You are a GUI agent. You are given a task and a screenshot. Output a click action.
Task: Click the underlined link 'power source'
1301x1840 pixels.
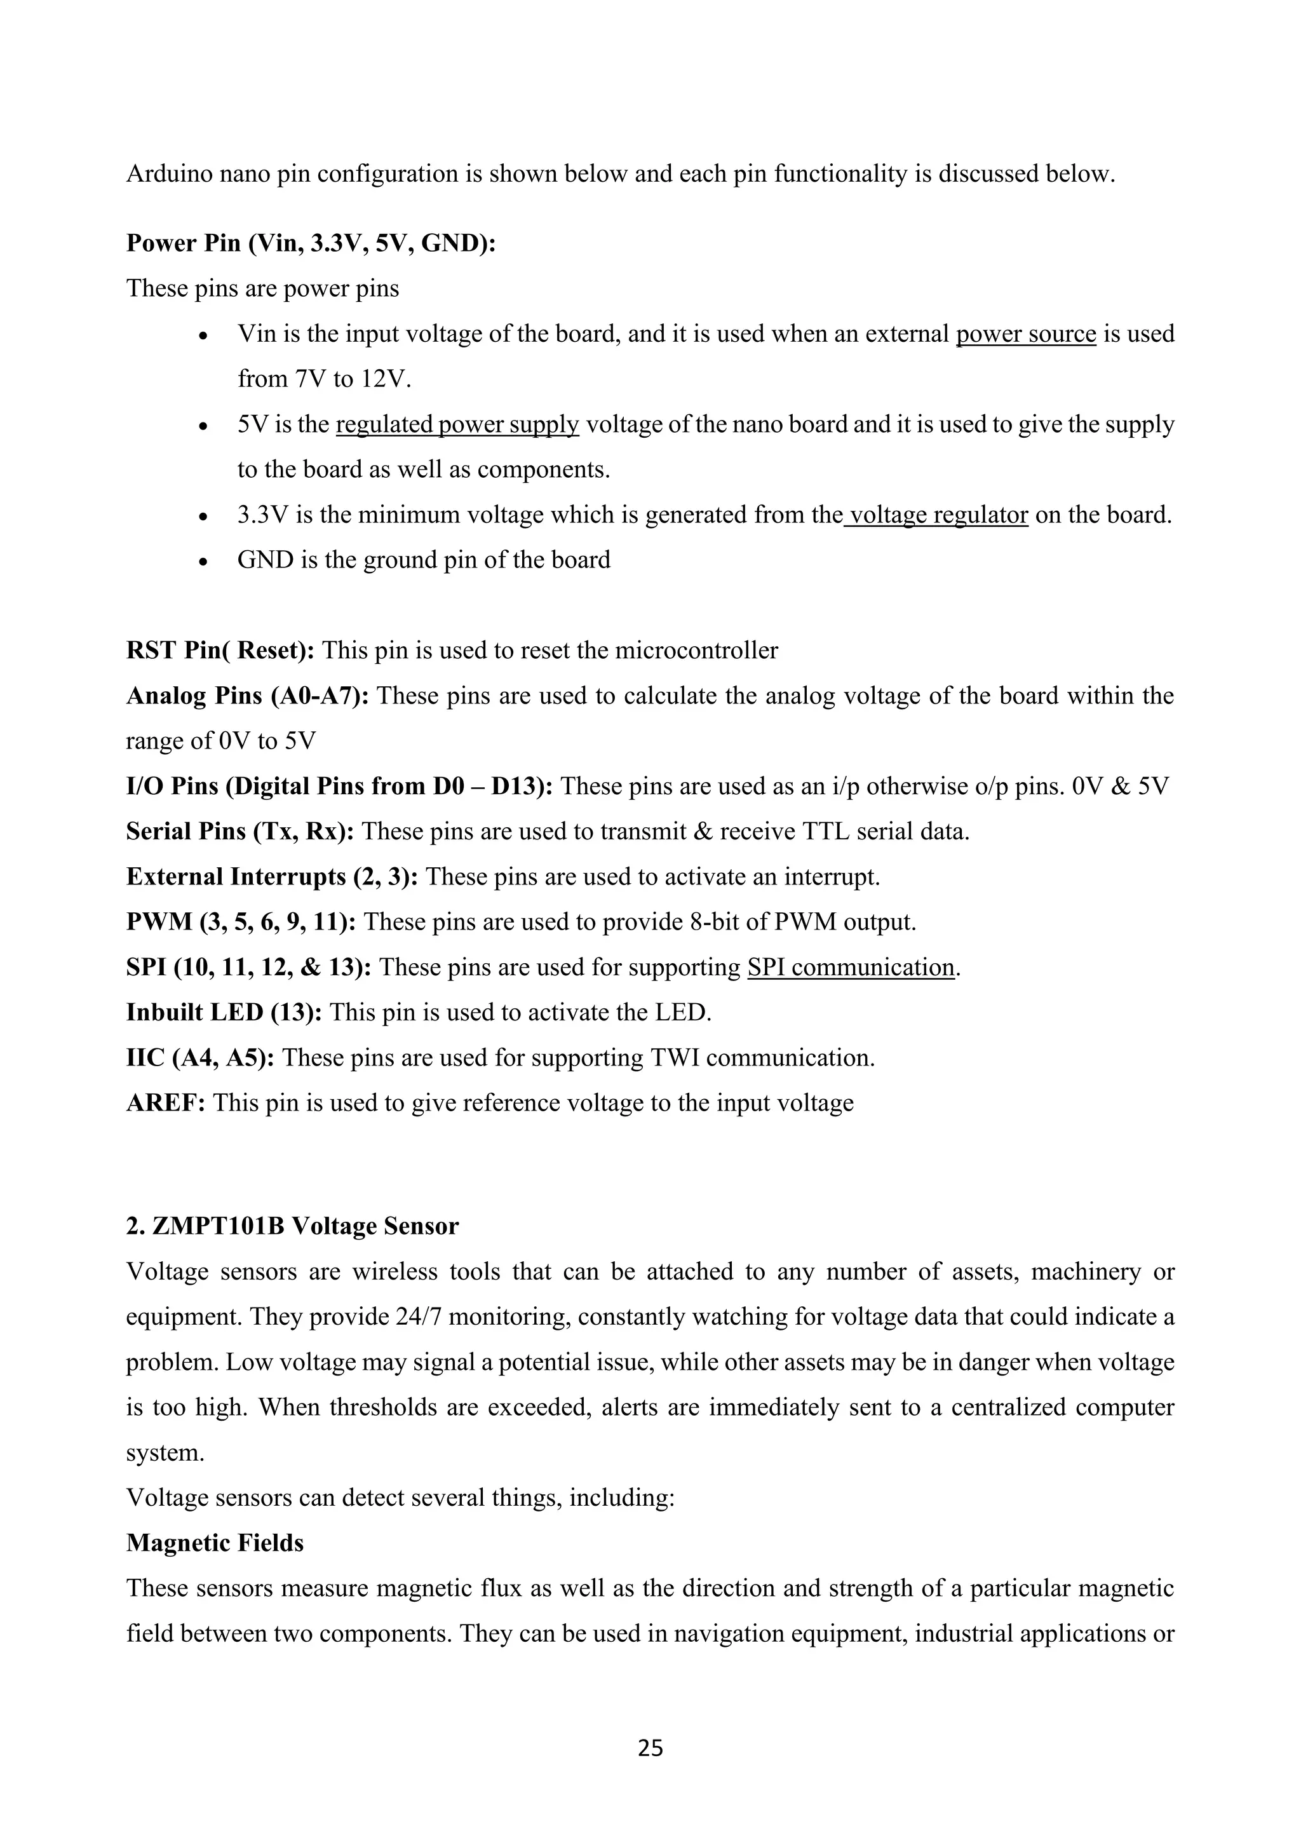[1025, 334]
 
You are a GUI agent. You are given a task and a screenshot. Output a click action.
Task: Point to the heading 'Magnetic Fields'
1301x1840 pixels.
[215, 1543]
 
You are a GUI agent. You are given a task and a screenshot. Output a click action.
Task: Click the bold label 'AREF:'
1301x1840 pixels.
[166, 1103]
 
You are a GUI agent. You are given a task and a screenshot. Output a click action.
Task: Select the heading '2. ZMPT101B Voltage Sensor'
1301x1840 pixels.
[292, 1226]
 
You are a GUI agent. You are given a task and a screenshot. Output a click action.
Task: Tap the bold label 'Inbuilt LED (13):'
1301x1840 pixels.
[224, 1012]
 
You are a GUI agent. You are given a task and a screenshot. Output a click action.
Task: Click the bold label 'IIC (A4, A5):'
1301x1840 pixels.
[200, 1058]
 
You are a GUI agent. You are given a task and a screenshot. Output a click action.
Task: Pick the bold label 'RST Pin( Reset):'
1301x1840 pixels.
[220, 650]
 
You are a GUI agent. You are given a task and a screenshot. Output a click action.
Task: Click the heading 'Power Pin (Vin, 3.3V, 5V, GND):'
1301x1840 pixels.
[311, 243]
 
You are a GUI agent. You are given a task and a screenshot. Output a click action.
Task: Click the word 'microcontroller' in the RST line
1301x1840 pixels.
[696, 650]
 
